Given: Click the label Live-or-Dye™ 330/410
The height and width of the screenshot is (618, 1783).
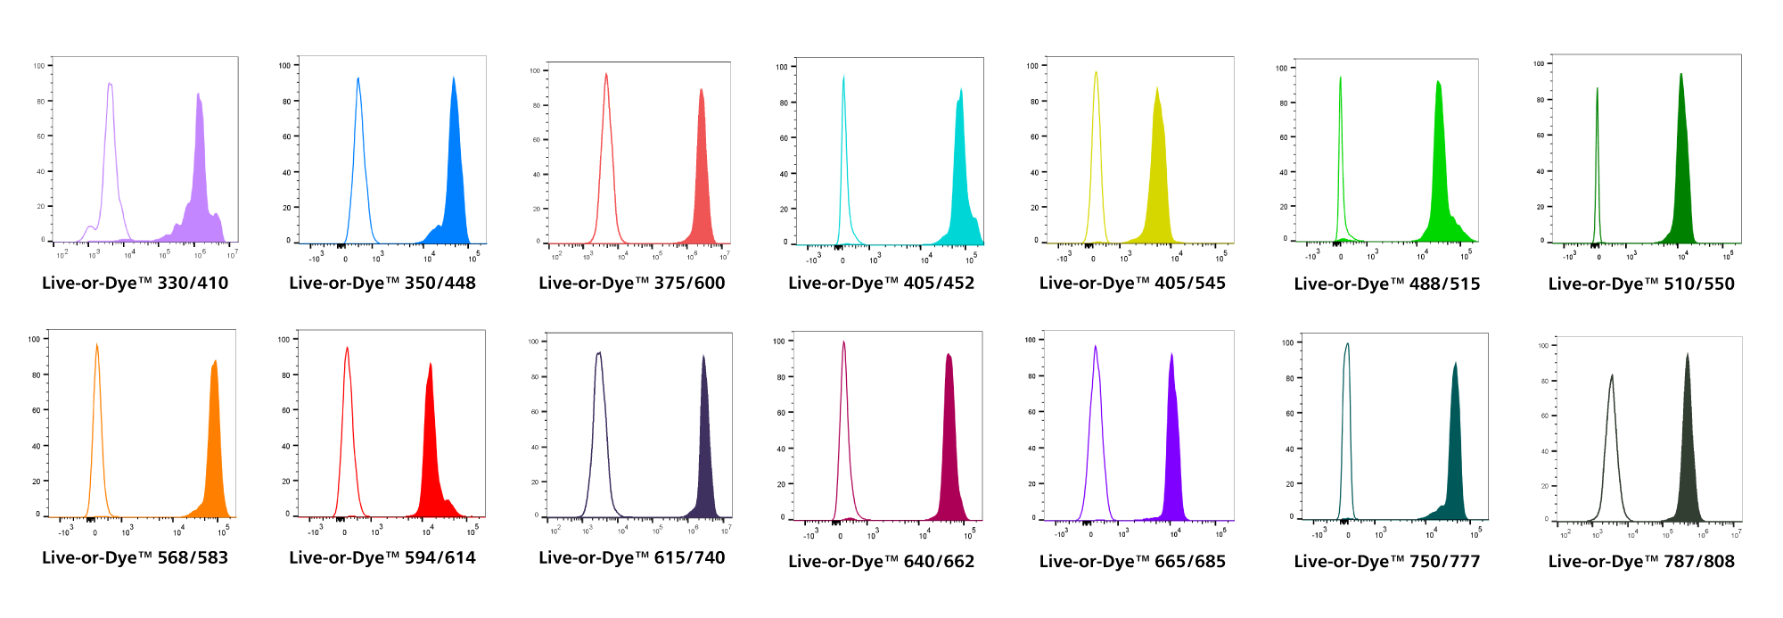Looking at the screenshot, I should click(x=135, y=284).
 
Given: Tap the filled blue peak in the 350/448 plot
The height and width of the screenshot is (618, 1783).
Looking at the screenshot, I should click(x=455, y=178).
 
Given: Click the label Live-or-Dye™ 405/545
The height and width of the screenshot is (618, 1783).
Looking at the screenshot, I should click(x=1132, y=284).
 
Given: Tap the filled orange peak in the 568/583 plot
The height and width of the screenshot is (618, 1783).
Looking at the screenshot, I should click(x=214, y=446).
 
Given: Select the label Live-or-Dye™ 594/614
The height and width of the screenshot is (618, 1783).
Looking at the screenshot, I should click(x=382, y=558).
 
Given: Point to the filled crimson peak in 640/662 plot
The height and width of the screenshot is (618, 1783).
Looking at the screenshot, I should click(x=949, y=446).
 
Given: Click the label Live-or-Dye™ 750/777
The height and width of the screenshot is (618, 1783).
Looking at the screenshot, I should click(x=1387, y=562).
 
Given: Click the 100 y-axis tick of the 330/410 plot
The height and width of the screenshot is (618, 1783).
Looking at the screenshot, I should click(x=39, y=66).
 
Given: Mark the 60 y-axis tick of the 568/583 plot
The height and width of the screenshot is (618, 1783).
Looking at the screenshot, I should click(x=37, y=410).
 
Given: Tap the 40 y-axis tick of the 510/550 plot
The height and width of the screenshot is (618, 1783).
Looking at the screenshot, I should click(x=1540, y=171).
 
